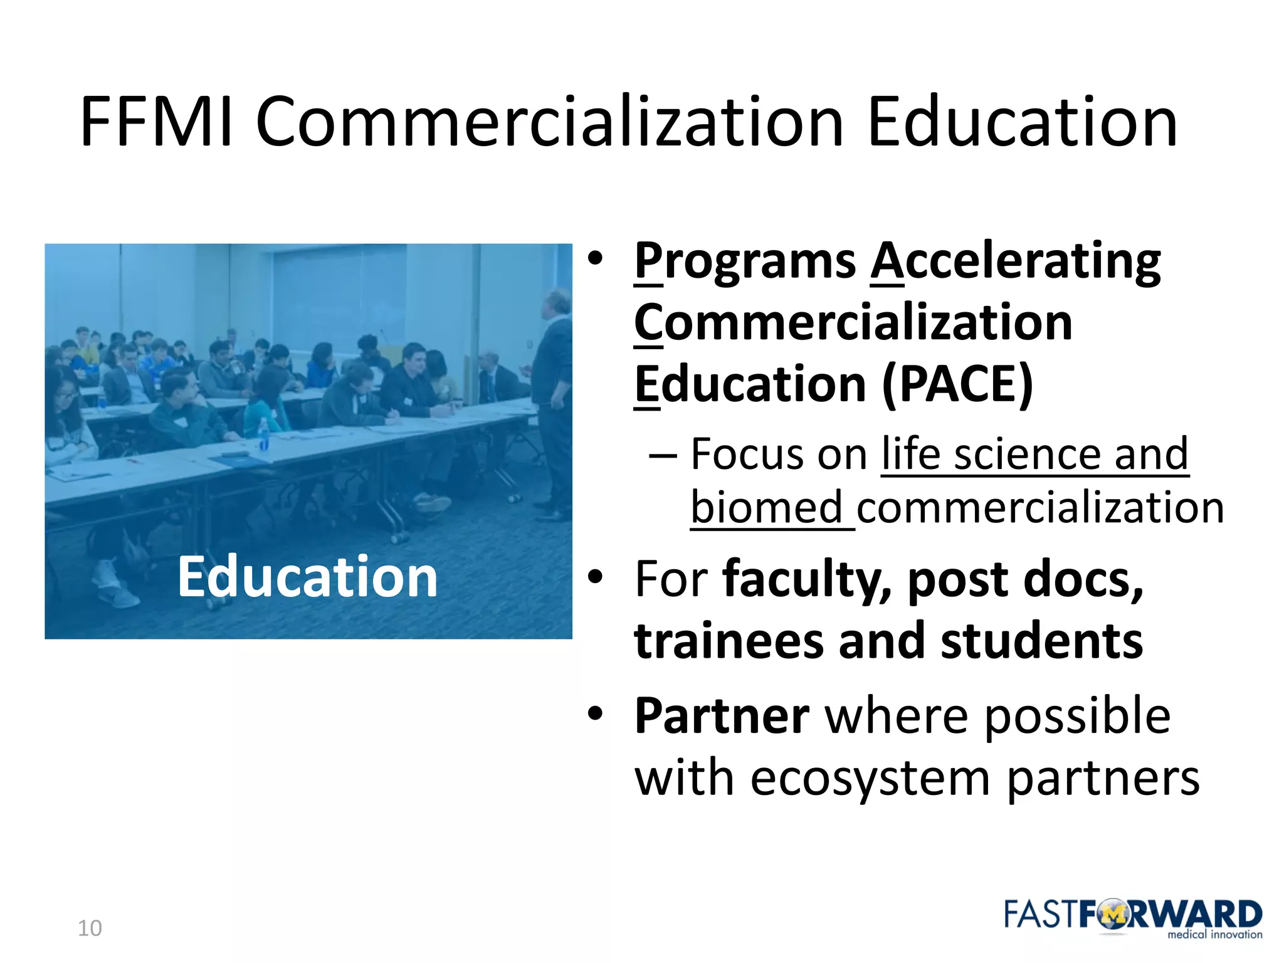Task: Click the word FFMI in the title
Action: pos(157,122)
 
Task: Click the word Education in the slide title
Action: pos(1022,122)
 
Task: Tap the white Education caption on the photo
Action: pos(307,577)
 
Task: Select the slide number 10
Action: pos(90,928)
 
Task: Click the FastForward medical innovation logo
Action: pos(1132,918)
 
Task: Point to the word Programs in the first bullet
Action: pos(745,261)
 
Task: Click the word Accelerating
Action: pos(1016,261)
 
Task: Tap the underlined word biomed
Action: pos(766,507)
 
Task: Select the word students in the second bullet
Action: pos(1041,641)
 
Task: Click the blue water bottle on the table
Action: pos(264,434)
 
